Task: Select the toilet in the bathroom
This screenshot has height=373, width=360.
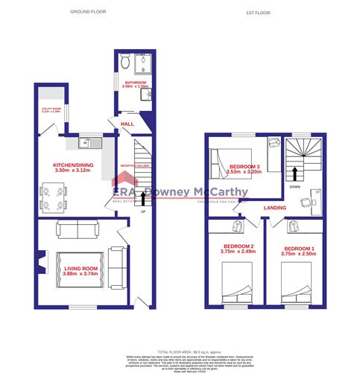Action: [x=126, y=62]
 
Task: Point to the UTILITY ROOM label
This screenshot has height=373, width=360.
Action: [x=50, y=109]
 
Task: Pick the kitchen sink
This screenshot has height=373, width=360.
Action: [x=87, y=139]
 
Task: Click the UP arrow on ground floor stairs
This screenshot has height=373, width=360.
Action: [x=142, y=197]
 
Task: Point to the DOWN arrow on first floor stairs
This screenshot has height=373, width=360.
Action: [x=296, y=174]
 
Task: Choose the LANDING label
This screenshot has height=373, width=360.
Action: [x=274, y=208]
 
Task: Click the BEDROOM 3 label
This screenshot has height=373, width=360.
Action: [x=244, y=165]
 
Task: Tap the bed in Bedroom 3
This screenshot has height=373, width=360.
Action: [x=223, y=161]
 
